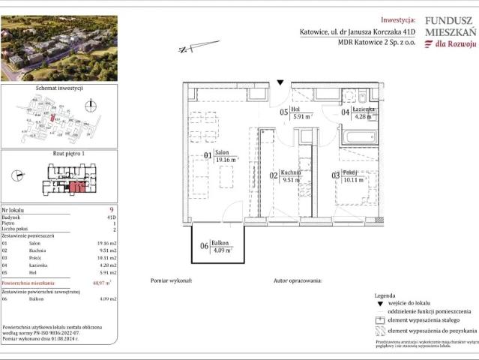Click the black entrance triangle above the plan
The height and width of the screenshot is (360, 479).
point(280,81)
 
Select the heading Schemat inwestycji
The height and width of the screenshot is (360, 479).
point(59,88)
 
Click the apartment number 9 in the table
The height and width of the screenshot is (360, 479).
point(111,210)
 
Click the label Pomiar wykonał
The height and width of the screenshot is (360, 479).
point(172,280)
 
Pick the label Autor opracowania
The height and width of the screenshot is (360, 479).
point(297,280)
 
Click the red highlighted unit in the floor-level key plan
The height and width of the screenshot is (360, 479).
point(76,187)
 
